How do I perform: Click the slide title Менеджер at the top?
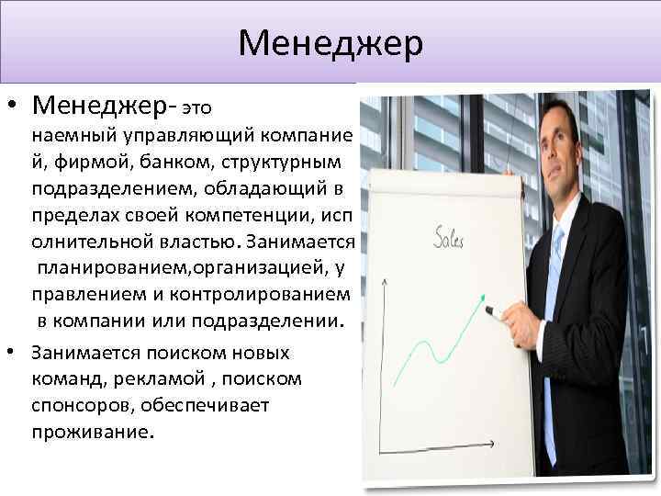coord(330,42)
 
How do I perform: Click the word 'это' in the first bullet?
coord(200,108)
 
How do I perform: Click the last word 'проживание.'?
coord(89,431)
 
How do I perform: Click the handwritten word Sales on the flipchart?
coord(448,238)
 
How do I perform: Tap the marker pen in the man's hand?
coord(496,312)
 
